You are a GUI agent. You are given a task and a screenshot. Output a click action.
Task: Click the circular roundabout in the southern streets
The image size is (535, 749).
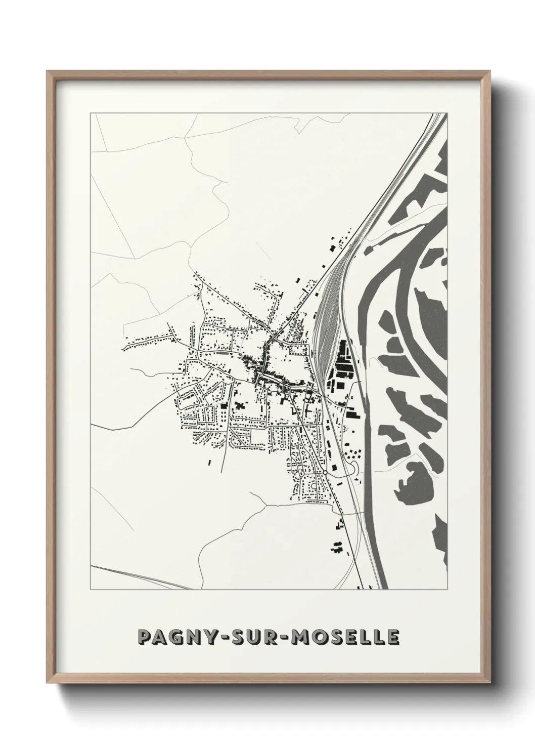(326, 473)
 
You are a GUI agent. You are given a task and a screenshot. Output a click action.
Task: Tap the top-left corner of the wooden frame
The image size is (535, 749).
(48, 72)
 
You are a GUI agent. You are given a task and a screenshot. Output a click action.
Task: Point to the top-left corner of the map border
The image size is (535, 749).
(91, 113)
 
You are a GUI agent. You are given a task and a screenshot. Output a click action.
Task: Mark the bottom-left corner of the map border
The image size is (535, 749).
(91, 590)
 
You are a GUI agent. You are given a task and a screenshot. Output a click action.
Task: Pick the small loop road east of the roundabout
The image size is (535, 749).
(354, 469)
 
